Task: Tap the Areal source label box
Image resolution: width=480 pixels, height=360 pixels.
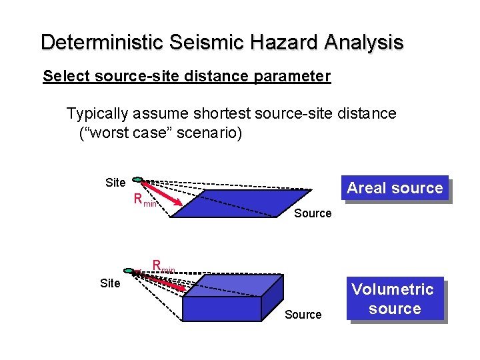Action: [395, 188]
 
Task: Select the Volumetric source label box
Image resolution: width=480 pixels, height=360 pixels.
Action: [395, 299]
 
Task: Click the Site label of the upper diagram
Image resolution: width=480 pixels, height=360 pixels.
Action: [115, 182]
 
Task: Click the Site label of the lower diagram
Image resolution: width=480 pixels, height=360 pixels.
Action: [110, 283]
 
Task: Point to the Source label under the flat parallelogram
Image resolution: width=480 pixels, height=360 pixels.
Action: [313, 213]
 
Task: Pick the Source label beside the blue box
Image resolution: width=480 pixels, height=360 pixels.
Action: [303, 315]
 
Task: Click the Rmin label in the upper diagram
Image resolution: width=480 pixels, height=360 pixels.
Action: [145, 199]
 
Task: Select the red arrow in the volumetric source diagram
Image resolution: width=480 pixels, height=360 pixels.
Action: [163, 281]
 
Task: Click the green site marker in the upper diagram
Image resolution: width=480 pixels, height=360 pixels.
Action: [137, 179]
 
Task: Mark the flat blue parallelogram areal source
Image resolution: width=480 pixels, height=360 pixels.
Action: [240, 203]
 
